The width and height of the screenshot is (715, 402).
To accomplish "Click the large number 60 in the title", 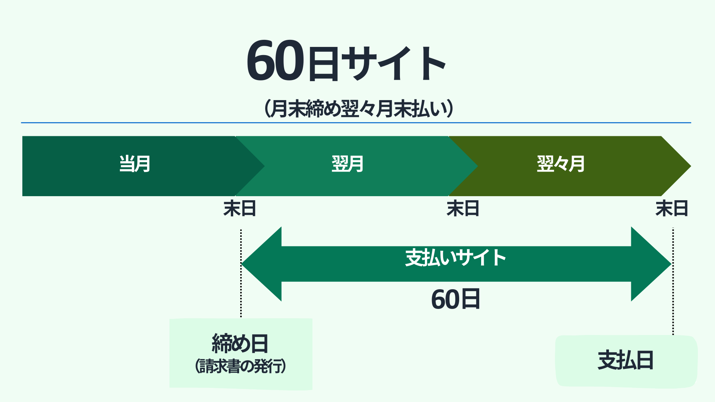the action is [276, 61].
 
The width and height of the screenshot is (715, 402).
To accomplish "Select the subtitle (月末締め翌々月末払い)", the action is [359, 109].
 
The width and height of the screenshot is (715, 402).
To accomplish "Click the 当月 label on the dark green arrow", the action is [135, 164].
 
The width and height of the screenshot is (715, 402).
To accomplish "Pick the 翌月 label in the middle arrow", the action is [347, 164].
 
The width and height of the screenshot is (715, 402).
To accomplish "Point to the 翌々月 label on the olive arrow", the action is [561, 164].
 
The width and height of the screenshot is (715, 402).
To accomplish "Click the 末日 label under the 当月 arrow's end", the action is [240, 208].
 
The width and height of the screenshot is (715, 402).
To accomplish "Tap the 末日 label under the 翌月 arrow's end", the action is [463, 208].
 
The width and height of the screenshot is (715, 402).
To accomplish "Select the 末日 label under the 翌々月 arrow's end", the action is [672, 208].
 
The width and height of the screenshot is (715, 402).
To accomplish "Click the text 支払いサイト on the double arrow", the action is [455, 258].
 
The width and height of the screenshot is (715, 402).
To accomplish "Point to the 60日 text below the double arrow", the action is [455, 299].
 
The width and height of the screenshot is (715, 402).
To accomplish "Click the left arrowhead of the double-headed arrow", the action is [261, 264].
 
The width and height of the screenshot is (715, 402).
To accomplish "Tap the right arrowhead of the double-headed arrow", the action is [651, 264].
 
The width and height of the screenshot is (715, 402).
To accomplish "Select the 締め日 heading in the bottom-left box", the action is [240, 343].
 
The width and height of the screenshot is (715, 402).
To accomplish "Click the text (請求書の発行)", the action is [241, 366].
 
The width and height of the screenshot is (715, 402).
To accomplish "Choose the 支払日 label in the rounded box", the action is [626, 360].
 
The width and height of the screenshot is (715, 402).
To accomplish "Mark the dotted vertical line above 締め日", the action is [241, 273].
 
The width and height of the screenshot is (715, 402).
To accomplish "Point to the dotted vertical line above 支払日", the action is [673, 281].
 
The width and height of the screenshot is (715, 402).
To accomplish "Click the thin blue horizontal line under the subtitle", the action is [356, 122].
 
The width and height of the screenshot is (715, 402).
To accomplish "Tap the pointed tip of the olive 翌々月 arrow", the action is [691, 166].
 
